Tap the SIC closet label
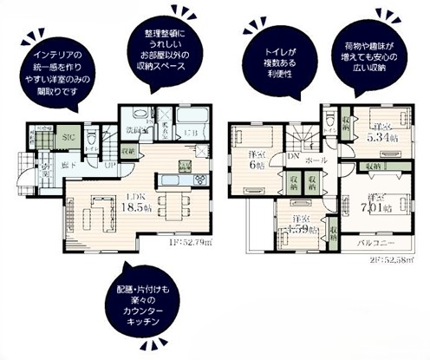point(68,139)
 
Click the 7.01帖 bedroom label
point(379,203)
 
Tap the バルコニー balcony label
point(381,245)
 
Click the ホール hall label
point(316,160)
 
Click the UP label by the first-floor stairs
point(112,166)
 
